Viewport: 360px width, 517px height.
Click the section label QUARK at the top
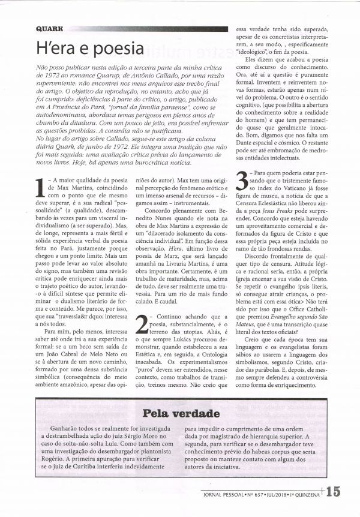49,28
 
